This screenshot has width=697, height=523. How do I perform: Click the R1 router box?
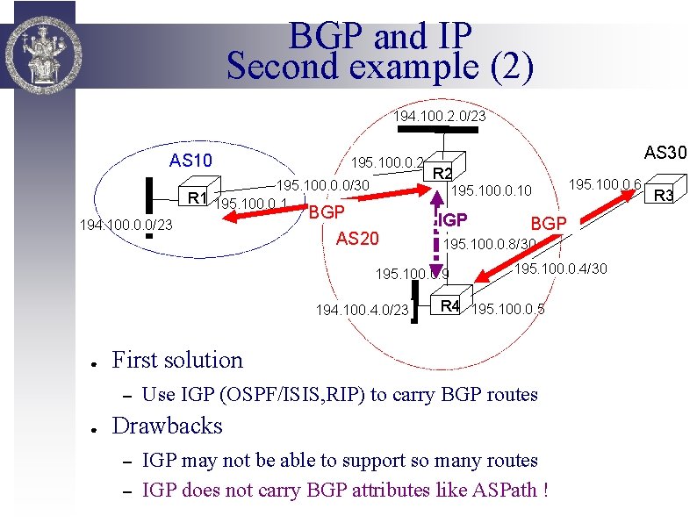tap(196, 197)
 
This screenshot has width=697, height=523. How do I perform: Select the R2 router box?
tap(443, 174)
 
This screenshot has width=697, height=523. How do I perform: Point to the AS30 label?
tap(666, 153)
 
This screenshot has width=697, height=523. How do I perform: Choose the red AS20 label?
tap(357, 240)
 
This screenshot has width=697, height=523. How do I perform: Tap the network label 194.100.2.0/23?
tap(439, 116)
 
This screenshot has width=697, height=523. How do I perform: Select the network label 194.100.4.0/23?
tap(363, 310)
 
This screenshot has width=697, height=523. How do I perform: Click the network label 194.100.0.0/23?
tap(126, 226)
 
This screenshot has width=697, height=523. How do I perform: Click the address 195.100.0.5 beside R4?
tap(508, 309)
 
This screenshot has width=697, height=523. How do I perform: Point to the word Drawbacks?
tap(168, 426)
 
